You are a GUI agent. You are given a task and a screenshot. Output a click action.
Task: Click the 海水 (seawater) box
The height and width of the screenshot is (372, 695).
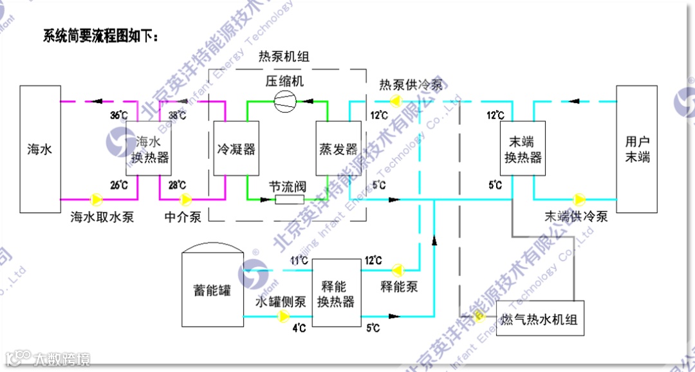point(40,149)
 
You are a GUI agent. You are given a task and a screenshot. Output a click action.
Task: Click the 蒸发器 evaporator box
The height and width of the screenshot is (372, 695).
point(338,149)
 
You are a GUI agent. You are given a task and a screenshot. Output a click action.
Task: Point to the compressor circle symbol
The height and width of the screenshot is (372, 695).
point(284,101)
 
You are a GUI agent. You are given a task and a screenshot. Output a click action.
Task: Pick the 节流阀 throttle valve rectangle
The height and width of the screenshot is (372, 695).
point(290,199)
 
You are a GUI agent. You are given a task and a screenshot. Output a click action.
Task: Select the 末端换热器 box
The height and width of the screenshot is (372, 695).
point(523,149)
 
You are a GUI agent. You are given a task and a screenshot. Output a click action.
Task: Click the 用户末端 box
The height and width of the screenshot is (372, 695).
point(637,149)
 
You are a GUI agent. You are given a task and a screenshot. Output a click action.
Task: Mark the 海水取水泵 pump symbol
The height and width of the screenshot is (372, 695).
point(97,198)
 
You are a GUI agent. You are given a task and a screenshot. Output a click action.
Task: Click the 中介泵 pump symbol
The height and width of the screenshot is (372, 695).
point(185,198)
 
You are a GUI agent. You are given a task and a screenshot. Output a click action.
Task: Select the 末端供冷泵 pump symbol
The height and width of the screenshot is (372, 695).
point(579,198)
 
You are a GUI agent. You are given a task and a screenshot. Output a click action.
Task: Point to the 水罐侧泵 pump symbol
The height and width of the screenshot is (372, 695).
point(283,316)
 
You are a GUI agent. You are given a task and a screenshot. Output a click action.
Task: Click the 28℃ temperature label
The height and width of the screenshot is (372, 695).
point(177,185)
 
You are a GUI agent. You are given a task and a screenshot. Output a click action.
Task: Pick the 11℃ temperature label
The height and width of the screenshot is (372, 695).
point(299,261)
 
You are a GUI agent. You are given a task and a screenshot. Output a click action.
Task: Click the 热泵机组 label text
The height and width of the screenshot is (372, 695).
point(284,57)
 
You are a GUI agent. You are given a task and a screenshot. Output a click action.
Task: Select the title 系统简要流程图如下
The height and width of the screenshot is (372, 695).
point(100,35)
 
